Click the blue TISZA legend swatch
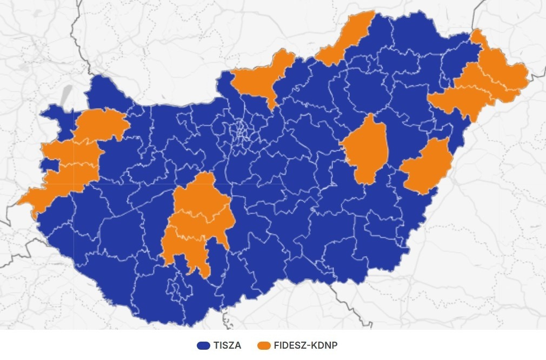pos(203,345)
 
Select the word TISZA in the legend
pos(227,345)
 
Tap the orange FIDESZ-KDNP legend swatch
pos(264,345)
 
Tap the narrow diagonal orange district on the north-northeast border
pos(344,38)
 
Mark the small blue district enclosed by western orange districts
pos(50,164)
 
